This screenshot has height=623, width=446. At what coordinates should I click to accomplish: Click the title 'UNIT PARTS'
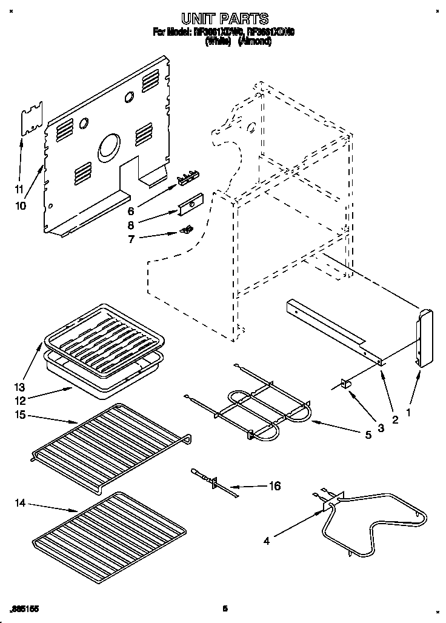coord(224,19)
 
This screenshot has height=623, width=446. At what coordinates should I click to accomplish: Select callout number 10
coord(21,205)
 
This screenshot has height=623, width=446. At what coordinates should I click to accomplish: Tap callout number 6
coord(131,212)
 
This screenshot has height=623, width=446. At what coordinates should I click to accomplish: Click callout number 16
coord(275,485)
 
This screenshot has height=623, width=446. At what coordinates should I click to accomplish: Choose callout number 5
coord(368,434)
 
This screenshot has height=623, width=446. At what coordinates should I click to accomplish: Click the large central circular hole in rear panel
coord(109,147)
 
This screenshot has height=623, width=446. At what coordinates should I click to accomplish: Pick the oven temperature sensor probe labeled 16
coord(209,481)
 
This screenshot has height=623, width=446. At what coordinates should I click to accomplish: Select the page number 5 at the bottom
coord(225,608)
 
